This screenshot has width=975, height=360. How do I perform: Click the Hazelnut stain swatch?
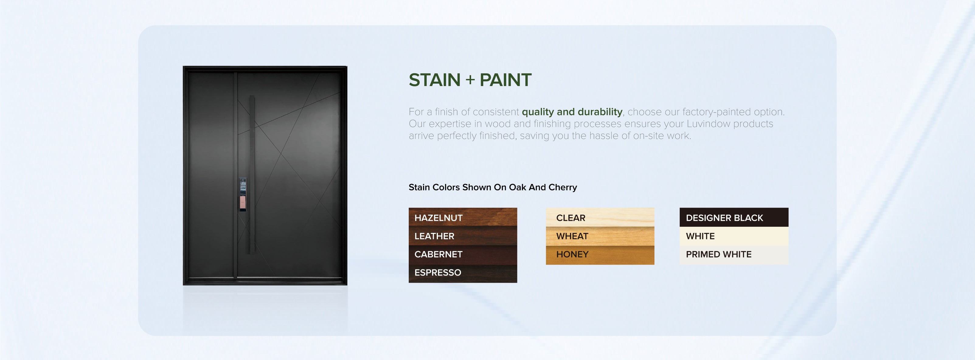[x=463, y=217]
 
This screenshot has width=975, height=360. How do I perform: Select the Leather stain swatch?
[x=463, y=236]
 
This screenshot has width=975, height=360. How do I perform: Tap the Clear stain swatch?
[x=600, y=217]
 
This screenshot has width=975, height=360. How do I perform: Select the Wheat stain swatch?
[x=600, y=236]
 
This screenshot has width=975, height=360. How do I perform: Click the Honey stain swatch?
[x=600, y=255]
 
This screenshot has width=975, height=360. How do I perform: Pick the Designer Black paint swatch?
[x=734, y=217]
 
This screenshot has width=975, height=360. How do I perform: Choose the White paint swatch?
[x=734, y=236]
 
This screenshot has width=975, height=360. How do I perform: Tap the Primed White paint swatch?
[x=734, y=255]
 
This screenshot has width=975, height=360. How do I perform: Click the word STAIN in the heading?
[x=435, y=80]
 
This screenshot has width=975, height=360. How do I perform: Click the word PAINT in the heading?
[x=506, y=80]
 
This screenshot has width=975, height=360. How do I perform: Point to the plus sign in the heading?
[x=470, y=80]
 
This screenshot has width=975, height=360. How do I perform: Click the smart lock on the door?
[x=243, y=194]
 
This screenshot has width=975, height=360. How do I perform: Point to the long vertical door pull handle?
[x=252, y=175]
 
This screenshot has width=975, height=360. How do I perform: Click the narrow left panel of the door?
[x=210, y=175]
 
